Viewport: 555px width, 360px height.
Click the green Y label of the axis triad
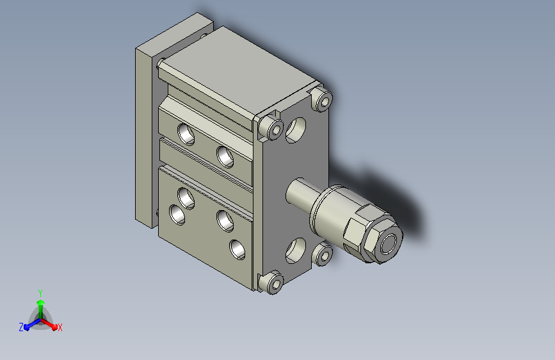tap(40, 293)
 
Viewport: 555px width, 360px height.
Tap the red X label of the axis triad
tap(60, 327)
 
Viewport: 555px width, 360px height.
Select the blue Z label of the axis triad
tap(21, 327)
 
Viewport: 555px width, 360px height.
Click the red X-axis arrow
tap(49, 324)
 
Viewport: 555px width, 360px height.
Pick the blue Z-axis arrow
tap(33, 324)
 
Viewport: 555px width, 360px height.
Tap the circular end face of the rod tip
tap(389, 243)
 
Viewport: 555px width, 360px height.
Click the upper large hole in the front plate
tap(296, 130)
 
